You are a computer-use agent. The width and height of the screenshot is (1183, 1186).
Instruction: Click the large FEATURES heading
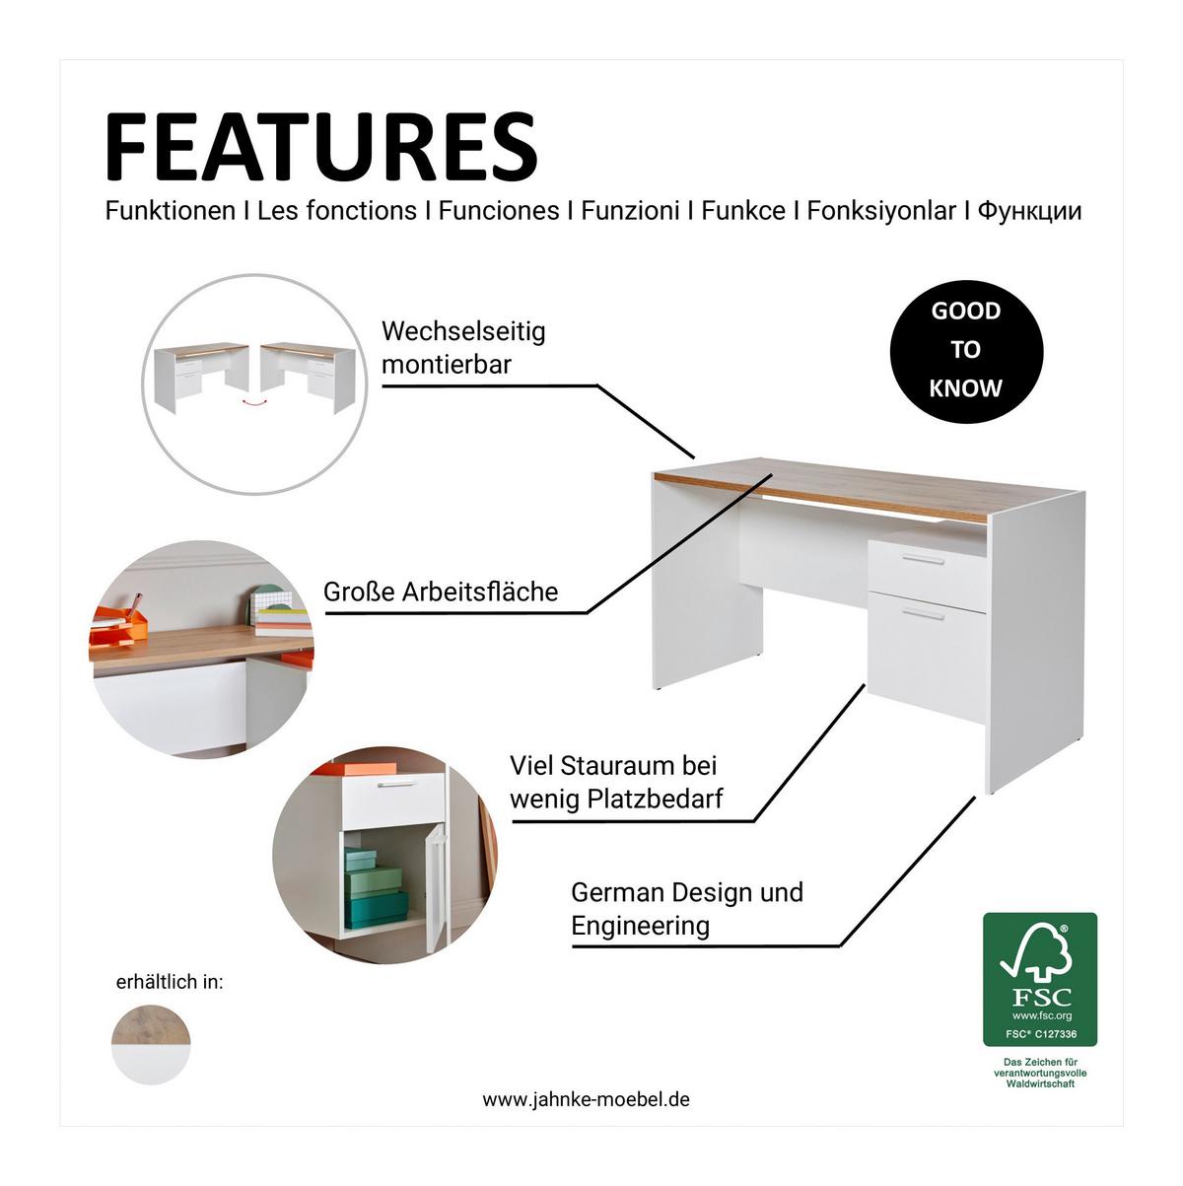(x=321, y=147)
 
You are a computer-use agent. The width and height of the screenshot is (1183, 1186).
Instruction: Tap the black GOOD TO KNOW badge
(x=966, y=351)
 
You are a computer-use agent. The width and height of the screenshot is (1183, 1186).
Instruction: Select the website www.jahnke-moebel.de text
(x=586, y=1099)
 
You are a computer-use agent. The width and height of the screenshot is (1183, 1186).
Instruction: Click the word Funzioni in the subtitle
(x=630, y=211)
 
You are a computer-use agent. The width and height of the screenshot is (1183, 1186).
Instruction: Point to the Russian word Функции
(x=1029, y=212)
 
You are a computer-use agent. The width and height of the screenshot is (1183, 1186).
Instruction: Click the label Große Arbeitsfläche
(x=441, y=592)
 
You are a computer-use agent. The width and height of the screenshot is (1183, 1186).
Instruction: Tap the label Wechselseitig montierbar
(x=463, y=348)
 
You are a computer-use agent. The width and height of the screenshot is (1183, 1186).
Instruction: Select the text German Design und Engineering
(x=687, y=908)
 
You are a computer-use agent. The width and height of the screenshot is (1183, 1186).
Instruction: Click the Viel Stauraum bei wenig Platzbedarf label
(x=616, y=782)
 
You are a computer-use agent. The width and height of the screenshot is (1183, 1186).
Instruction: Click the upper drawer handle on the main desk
(x=924, y=559)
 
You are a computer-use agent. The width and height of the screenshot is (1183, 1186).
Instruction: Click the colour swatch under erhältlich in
(x=151, y=1044)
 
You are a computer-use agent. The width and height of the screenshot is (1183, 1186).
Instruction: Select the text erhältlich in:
(x=170, y=982)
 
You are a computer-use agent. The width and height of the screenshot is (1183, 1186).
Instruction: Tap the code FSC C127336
(x=1041, y=1034)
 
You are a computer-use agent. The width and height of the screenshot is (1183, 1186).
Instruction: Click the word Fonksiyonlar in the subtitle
(x=881, y=212)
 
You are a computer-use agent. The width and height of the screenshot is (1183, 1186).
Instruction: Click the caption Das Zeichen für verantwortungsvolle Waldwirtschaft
(x=1040, y=1073)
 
